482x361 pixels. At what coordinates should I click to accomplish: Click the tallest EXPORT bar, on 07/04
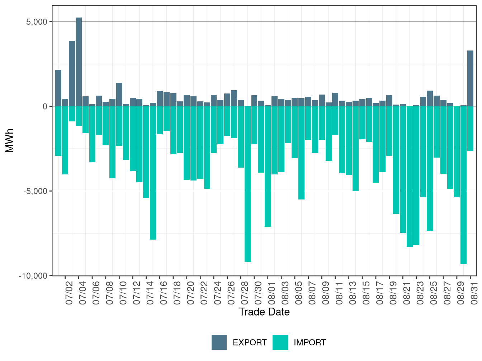click(79, 62)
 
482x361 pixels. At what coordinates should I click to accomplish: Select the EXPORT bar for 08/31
click(470, 78)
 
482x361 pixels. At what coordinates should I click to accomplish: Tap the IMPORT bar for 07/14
click(146, 152)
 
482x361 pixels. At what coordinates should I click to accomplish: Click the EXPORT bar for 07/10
click(119, 95)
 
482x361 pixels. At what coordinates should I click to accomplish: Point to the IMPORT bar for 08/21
click(403, 169)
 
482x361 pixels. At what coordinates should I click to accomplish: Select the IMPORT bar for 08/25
click(430, 169)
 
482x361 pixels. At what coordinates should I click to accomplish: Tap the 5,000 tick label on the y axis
click(37, 22)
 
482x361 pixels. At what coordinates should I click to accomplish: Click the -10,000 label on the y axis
click(33, 276)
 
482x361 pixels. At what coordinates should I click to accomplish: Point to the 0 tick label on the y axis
click(45, 106)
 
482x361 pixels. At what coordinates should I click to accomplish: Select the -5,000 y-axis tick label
click(36, 191)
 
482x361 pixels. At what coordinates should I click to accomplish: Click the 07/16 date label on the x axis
click(164, 293)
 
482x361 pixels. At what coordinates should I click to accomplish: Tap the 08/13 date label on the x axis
click(353, 293)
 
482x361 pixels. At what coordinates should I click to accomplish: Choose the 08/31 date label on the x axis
click(474, 293)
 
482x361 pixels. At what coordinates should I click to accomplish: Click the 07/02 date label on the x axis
click(69, 293)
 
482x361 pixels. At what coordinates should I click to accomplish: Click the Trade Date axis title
click(264, 312)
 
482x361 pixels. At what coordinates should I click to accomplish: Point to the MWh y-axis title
click(9, 141)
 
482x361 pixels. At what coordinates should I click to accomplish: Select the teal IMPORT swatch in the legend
click(280, 342)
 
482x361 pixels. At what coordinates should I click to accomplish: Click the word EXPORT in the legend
click(250, 343)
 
